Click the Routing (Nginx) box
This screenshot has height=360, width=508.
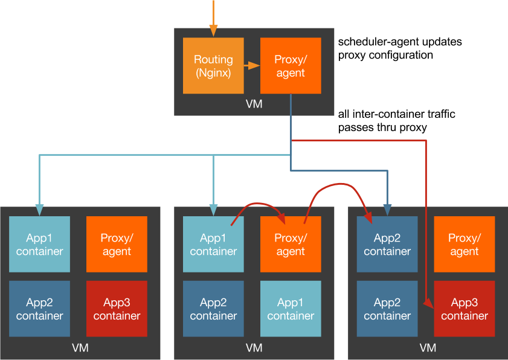point(213,66)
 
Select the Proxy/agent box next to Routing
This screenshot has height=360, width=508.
point(291,66)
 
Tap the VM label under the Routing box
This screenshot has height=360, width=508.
point(254,104)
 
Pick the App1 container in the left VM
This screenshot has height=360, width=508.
point(40,244)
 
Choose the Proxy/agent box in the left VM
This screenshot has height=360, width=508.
point(117,244)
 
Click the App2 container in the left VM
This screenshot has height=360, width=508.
point(40,309)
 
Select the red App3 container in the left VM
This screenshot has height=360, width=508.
point(117,309)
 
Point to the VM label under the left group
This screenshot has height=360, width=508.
point(80,348)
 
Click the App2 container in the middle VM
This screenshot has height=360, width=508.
point(213,309)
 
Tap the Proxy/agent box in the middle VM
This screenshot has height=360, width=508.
point(291,244)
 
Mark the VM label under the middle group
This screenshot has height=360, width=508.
point(254,348)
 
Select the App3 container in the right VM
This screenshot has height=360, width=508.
point(465,309)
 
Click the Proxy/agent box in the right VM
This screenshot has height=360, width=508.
point(465,244)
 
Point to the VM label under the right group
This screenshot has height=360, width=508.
point(428,348)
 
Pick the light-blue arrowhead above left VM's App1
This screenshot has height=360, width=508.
point(39,211)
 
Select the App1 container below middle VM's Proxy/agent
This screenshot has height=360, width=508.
point(291,309)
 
